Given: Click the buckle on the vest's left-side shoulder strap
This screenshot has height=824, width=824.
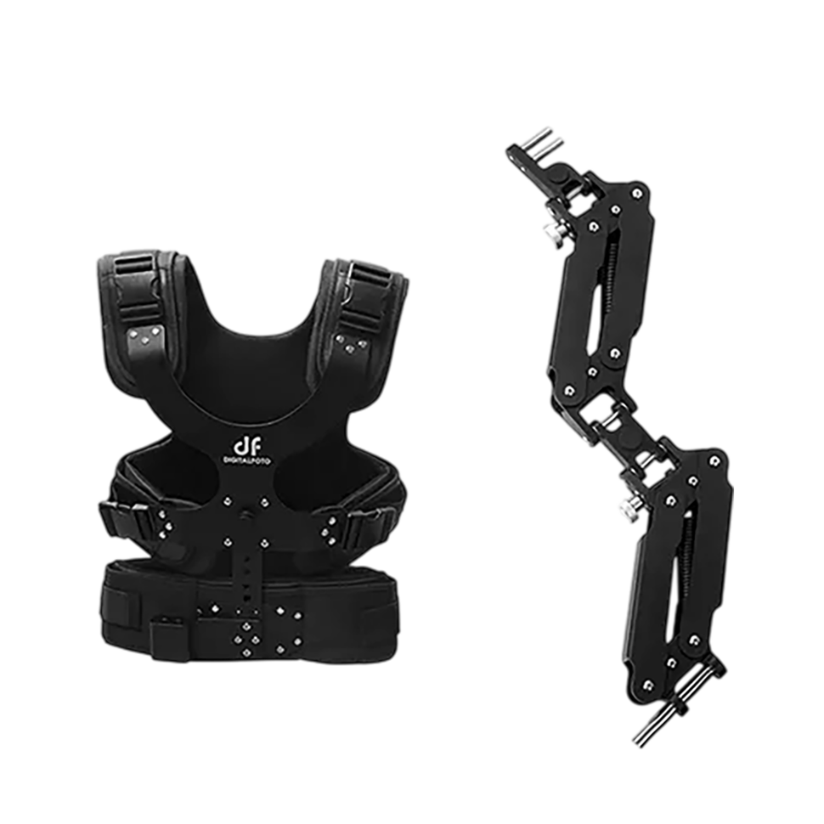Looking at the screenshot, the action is click(136, 291).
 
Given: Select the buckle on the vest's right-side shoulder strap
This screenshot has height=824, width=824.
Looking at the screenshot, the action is click(366, 293).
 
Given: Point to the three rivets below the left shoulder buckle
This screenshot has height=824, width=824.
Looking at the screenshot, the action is click(145, 336).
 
